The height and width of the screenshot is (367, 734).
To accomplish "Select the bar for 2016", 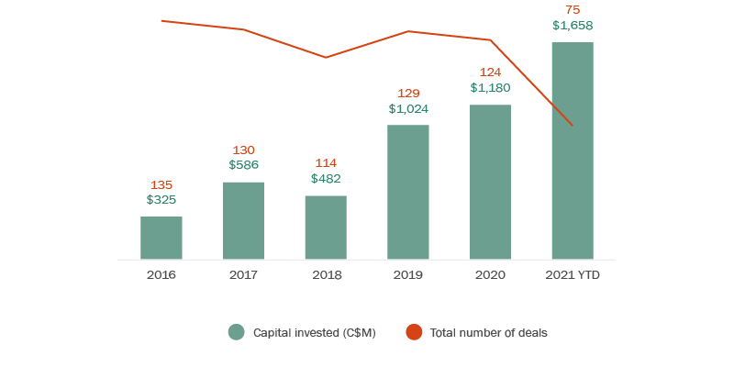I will click(x=161, y=238).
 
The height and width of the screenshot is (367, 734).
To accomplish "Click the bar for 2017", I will click(x=243, y=220).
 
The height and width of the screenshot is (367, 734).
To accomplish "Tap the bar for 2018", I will click(x=326, y=228).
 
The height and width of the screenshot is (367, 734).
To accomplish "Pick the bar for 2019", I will click(x=408, y=192).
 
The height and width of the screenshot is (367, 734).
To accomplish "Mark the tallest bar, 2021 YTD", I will click(x=573, y=150).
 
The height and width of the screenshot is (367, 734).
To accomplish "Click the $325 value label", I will click(x=161, y=199).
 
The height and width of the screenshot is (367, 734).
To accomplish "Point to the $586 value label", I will click(x=243, y=165).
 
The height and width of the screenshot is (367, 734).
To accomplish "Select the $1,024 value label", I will click(x=408, y=108).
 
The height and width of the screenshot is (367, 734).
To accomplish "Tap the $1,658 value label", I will click(x=573, y=26).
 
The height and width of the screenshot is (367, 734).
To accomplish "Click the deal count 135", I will click(x=161, y=184).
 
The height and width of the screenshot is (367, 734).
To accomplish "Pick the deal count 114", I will click(x=326, y=164).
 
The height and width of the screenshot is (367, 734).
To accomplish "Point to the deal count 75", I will click(x=573, y=10).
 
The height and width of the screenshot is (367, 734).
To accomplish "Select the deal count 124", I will click(x=490, y=72).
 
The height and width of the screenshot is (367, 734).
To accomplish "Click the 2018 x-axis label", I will click(x=326, y=274).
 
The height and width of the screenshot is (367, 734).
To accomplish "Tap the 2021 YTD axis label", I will click(x=573, y=274).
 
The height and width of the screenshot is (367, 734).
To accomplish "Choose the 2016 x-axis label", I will click(x=161, y=274).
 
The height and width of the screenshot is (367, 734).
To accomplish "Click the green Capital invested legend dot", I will click(x=237, y=332).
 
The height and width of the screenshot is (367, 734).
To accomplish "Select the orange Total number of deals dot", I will click(x=414, y=332).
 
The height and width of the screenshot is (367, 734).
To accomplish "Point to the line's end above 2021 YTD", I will click(x=573, y=125).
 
